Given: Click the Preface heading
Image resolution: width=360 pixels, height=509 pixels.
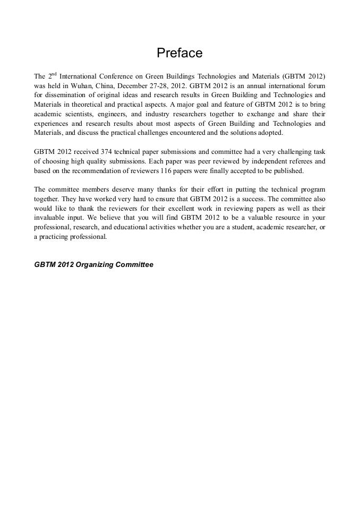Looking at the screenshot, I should [x=179, y=53].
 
